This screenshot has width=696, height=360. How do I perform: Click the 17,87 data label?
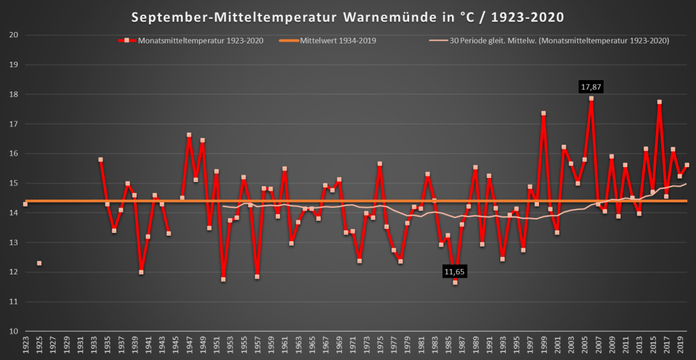[x=591, y=87]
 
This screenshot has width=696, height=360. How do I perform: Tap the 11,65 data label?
[x=455, y=272]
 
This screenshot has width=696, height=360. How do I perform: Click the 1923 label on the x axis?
[x=25, y=345]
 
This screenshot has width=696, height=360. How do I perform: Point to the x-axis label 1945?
[x=175, y=345]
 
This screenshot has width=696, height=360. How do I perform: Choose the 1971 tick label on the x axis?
[x=353, y=345]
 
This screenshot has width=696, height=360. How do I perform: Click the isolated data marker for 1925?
[x=39, y=263]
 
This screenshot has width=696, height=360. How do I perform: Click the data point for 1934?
[x=101, y=160]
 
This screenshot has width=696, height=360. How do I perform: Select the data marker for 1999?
[x=544, y=113]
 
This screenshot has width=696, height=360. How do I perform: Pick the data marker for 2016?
[x=659, y=102]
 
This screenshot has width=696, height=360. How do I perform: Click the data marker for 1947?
[x=189, y=135]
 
